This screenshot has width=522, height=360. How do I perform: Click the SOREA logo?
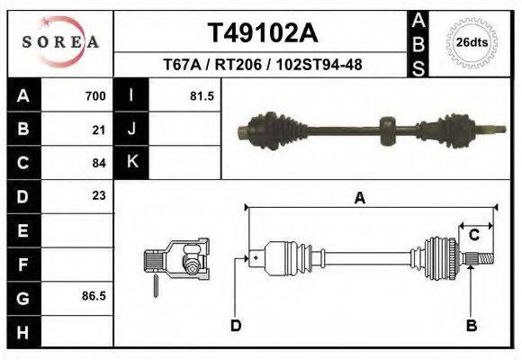point(60,42)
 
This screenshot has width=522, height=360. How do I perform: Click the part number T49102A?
point(262,33)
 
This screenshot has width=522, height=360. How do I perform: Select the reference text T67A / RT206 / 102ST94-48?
point(262,65)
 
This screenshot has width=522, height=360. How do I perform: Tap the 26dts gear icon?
point(472,42)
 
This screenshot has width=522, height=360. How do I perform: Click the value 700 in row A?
point(95,96)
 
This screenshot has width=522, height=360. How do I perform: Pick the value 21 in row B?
point(99,130)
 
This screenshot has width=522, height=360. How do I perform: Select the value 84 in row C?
point(99,163)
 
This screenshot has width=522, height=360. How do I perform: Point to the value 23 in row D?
point(99,195)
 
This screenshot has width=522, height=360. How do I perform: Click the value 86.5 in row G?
point(94,295)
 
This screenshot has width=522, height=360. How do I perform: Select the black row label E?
point(22,229)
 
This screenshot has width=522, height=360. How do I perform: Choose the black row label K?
point(131,162)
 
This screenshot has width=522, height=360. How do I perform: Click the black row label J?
point(131,130)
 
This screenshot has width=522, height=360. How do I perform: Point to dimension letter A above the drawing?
point(360,199)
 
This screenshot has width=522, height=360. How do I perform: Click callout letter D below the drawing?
point(236,326)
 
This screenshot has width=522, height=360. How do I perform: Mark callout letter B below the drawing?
point(471,326)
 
